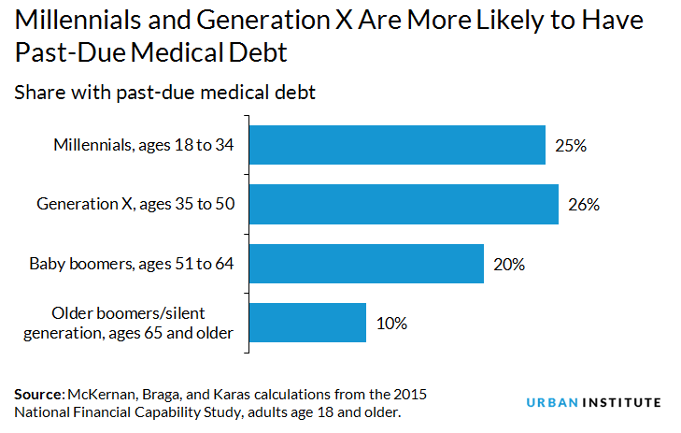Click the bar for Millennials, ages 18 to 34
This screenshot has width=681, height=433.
[x=397, y=146]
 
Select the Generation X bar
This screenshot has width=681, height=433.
[x=404, y=204]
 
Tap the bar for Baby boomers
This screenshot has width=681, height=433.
[x=366, y=264]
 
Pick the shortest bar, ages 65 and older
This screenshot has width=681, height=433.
[x=307, y=323]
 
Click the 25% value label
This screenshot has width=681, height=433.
[x=570, y=147]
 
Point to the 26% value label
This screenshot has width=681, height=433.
[x=583, y=205]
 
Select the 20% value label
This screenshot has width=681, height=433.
[x=509, y=265]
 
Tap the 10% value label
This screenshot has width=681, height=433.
[x=391, y=324]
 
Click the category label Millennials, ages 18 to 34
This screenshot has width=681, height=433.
[x=141, y=146]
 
